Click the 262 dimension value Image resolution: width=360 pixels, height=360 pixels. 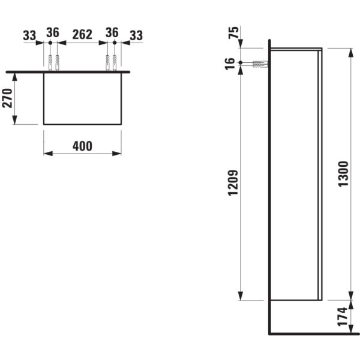(x=82, y=34)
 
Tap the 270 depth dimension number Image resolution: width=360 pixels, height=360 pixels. (x=7, y=98)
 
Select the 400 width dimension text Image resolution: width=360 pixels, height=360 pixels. (x=82, y=146)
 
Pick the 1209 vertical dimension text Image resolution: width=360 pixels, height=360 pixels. (x=234, y=183)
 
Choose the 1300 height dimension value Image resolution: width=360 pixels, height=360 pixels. (x=343, y=174)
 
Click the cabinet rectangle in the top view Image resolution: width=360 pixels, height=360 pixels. (x=82, y=98)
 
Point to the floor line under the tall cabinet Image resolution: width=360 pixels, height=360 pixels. (x=312, y=334)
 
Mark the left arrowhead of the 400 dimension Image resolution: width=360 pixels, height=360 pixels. (x=47, y=154)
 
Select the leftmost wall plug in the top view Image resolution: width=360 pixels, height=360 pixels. (x=50, y=62)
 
